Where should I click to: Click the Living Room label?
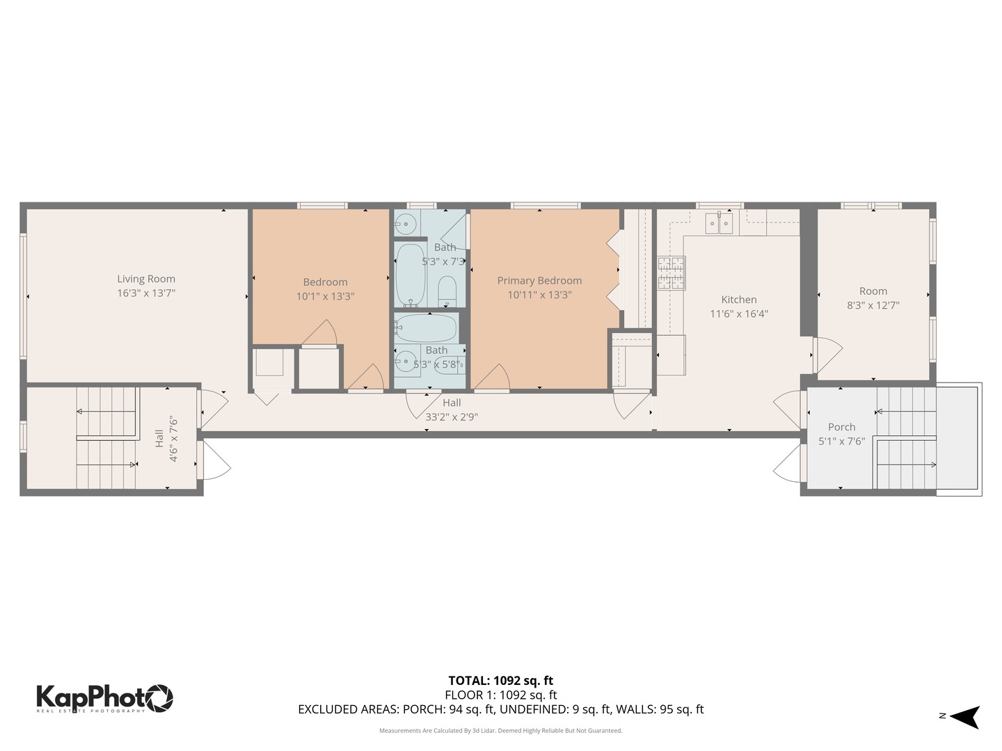(x=146, y=279)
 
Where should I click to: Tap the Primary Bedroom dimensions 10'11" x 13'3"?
(x=539, y=294)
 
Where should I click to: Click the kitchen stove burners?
(x=671, y=273)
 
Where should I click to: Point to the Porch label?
(x=841, y=427)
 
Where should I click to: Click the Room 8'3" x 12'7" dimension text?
(x=873, y=305)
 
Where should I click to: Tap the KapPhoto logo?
(x=104, y=697)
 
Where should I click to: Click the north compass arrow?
(x=965, y=716)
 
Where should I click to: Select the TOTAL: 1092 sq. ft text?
(x=500, y=680)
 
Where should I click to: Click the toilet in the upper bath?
(x=447, y=291)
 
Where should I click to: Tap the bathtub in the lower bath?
(x=426, y=328)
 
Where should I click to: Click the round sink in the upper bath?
(x=406, y=224)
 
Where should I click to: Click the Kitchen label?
(x=738, y=300)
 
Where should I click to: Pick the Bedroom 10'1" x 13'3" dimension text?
(x=325, y=296)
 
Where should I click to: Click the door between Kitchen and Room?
(x=825, y=354)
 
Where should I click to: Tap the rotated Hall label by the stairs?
(x=159, y=437)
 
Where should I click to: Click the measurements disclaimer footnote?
(x=500, y=730)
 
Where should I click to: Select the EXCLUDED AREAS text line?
(x=500, y=709)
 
